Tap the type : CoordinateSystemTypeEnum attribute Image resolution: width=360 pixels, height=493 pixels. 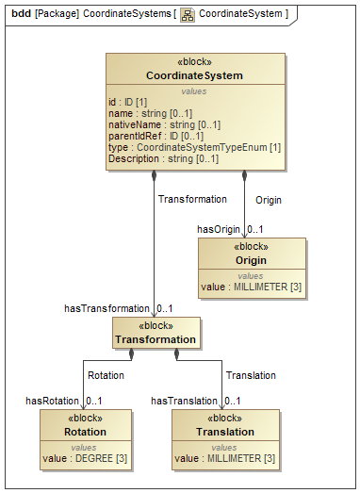tap(195, 147)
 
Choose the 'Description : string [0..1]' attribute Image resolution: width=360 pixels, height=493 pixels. tap(164, 158)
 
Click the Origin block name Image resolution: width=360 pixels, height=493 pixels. tap(251, 260)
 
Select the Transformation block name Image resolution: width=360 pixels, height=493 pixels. tap(155, 339)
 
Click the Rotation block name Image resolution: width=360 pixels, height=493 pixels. tap(86, 432)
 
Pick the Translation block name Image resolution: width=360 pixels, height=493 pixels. tap(225, 432)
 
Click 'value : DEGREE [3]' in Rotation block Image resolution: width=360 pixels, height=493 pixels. tap(85, 458)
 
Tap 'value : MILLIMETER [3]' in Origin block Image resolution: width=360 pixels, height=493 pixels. tap(251, 286)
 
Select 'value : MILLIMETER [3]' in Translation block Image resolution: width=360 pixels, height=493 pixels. tap(224, 458)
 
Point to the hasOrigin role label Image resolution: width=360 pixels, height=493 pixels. tap(218, 229)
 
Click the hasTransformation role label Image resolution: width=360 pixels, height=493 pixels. tap(106, 308)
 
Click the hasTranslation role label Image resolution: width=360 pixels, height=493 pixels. tap(185, 401)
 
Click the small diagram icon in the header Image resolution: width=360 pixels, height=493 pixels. tap(187, 14)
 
